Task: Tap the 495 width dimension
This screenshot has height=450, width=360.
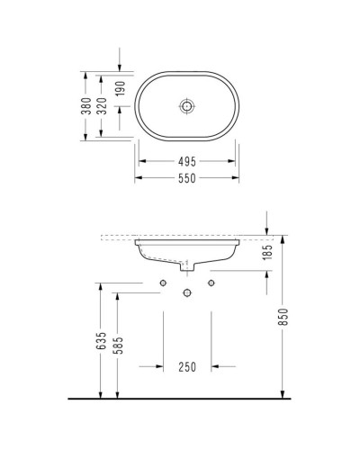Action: click(186, 162)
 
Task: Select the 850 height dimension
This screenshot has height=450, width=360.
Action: click(283, 319)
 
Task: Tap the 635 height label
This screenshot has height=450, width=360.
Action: click(103, 342)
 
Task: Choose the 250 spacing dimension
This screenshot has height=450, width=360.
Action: click(186, 366)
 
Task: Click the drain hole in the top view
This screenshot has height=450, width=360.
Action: click(186, 106)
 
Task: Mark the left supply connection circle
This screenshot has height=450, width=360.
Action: click(163, 283)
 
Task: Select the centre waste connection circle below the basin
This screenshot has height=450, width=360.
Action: click(186, 293)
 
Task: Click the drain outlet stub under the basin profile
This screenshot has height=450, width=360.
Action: click(186, 267)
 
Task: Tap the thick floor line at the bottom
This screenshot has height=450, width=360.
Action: click(180, 398)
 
